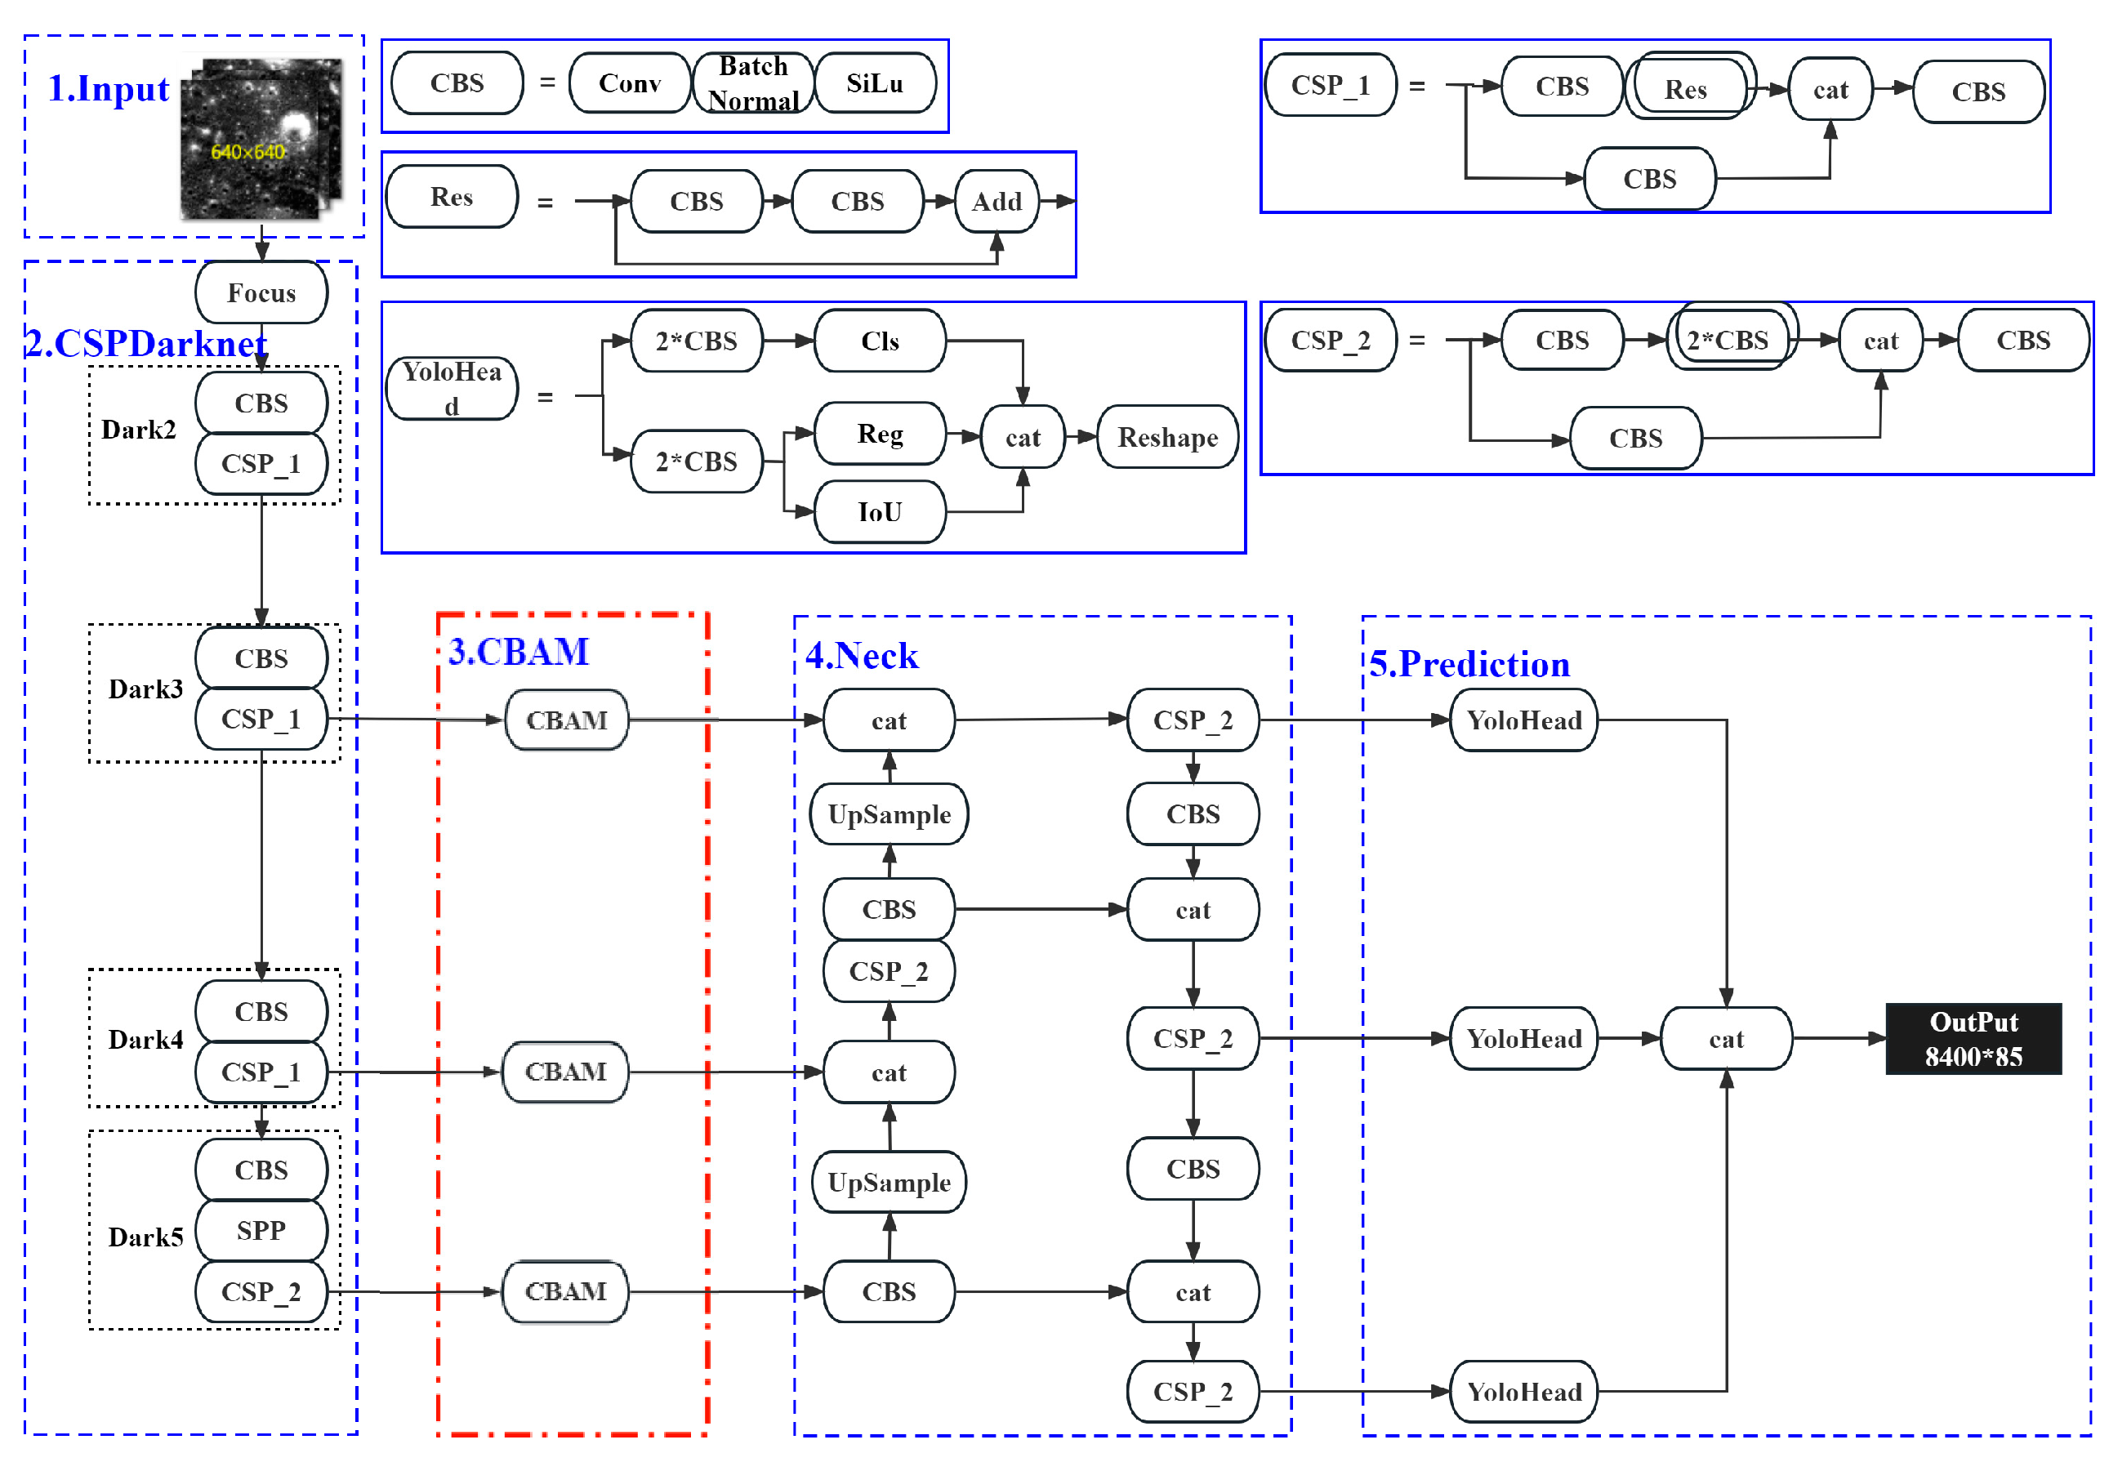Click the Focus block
coord(261,292)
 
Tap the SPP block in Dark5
coord(261,1230)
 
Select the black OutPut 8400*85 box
coord(1973,1039)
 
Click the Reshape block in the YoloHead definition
coord(1167,437)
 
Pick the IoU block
coord(880,511)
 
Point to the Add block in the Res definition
coord(996,201)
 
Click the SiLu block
coord(874,83)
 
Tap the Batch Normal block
coord(753,83)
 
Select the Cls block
coord(880,341)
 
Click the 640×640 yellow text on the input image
coord(248,151)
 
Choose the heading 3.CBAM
coord(519,651)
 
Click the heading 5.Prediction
coord(1469,664)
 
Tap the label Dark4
coord(145,1040)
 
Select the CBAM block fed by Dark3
coord(566,720)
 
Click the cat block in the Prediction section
coord(1725,1039)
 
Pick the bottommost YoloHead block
coord(1523,1392)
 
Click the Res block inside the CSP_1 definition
coord(1685,89)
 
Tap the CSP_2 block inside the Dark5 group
coord(261,1291)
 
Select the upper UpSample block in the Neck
coord(889,814)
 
